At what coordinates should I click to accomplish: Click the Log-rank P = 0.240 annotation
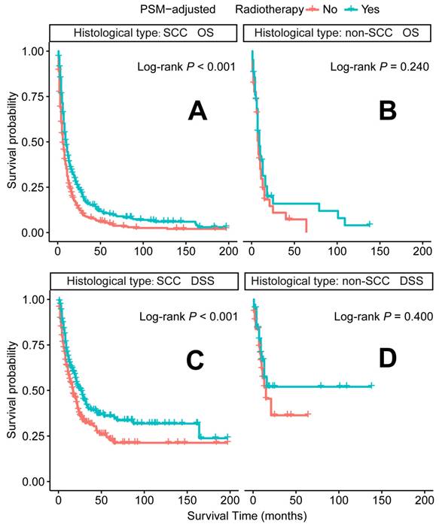coord(380,68)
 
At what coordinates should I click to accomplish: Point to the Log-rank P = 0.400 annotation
coord(380,317)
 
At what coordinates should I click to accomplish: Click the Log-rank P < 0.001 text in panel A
coord(187,68)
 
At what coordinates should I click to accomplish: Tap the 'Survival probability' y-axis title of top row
coord(11,143)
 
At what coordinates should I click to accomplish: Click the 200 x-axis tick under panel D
coord(422,500)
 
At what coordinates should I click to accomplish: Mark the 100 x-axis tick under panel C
coord(143,500)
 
